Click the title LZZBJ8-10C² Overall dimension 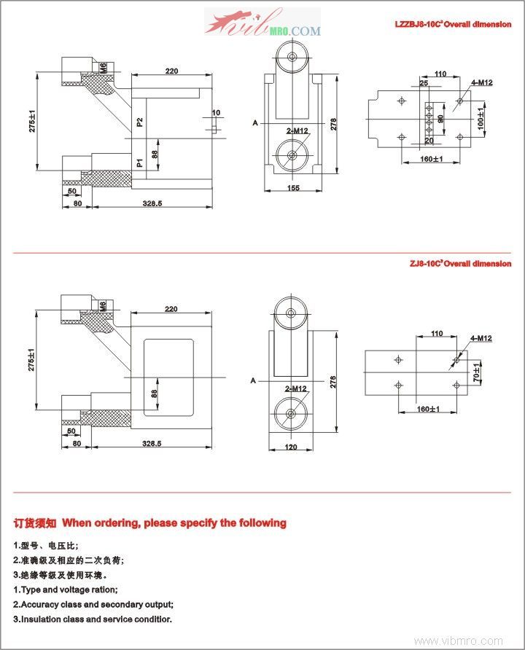tap(452, 24)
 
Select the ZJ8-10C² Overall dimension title tap(459, 264)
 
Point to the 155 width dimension tap(293, 189)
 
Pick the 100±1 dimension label tap(482, 119)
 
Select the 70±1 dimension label tap(477, 372)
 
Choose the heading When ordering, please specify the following tap(174, 522)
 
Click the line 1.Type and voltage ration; tap(66, 590)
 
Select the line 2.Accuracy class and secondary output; tap(93, 604)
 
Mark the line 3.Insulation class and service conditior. tap(93, 619)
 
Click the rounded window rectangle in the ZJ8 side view tap(168, 377)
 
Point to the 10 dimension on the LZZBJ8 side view tap(215, 113)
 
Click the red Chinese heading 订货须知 tap(35, 522)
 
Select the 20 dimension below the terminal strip tap(428, 141)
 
